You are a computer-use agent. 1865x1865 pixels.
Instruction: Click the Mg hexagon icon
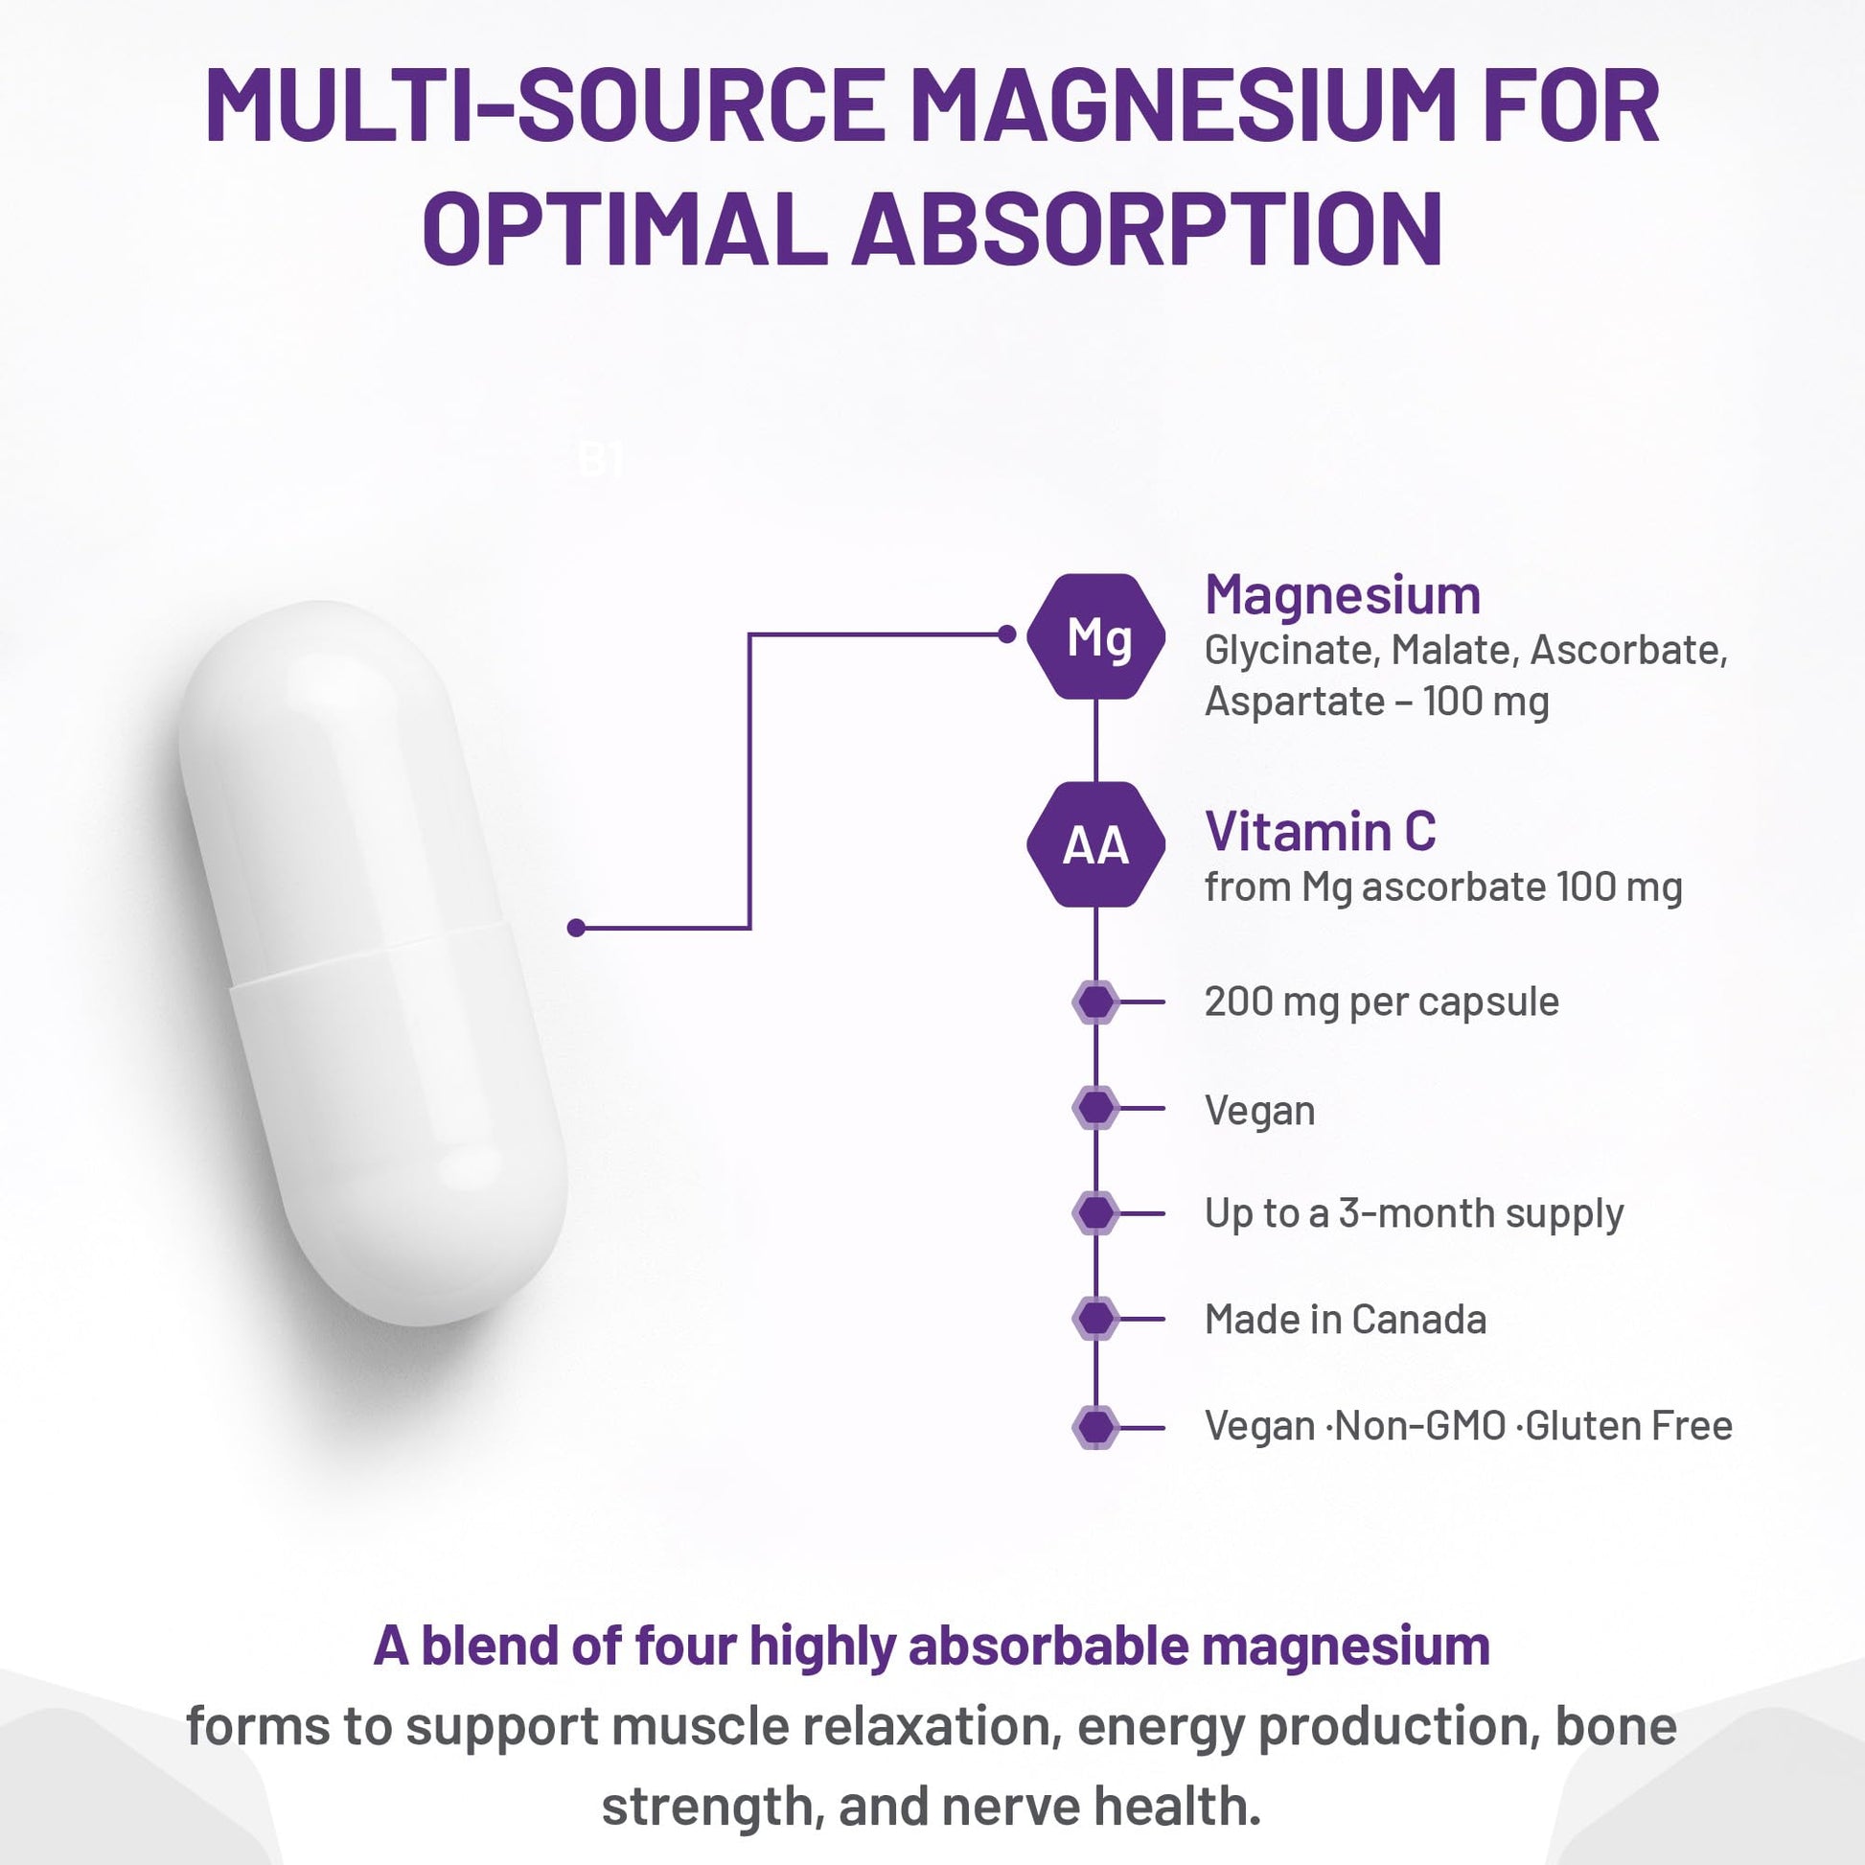tap(1095, 636)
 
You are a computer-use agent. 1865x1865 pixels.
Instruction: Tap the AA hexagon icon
tap(1095, 844)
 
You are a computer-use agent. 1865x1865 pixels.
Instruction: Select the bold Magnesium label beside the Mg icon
tap(1342, 594)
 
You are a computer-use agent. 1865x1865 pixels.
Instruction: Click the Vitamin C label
tap(1320, 831)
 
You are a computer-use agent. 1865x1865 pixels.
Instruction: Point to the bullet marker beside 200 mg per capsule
tap(1095, 1002)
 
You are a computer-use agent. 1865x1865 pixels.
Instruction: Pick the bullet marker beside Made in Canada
tap(1095, 1319)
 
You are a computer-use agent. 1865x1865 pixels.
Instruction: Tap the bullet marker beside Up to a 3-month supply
tap(1095, 1212)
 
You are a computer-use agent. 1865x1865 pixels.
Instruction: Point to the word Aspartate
tap(1295, 701)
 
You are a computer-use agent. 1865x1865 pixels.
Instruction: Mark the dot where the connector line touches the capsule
tap(576, 928)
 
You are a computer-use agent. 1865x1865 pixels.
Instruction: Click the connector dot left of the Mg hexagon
tap(1007, 634)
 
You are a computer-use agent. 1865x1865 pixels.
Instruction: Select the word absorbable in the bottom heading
tap(1048, 1646)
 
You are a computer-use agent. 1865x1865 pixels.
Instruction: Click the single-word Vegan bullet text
tap(1258, 1111)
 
